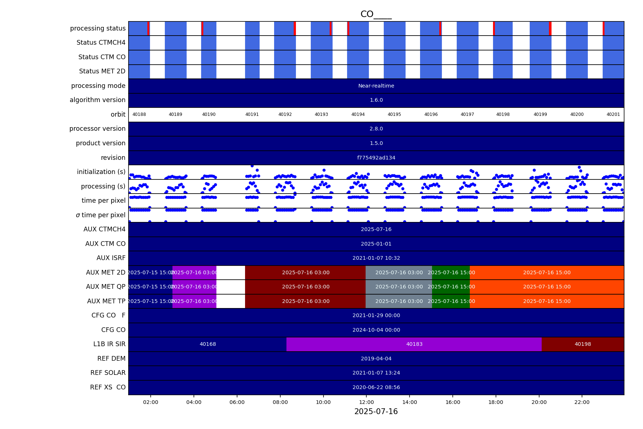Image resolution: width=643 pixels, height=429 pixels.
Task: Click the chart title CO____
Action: tap(376, 15)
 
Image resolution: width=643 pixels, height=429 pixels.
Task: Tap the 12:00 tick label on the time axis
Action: tap(366, 402)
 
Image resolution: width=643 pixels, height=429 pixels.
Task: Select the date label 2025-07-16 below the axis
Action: tap(376, 412)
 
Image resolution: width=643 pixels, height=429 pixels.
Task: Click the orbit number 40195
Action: tap(394, 114)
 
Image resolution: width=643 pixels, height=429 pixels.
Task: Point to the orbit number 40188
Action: tap(139, 114)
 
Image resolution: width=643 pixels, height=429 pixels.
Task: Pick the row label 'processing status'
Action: tap(98, 28)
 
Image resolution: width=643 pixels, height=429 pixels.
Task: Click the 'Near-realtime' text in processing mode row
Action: tap(376, 86)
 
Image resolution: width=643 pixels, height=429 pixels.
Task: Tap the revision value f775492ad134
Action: tap(376, 158)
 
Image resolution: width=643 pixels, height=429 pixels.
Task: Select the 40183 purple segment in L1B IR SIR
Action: tap(414, 344)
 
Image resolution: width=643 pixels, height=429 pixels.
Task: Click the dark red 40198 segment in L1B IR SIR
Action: tap(582, 344)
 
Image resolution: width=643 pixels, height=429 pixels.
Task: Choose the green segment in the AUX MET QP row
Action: tap(451, 287)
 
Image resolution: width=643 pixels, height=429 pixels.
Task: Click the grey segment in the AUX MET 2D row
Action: tap(399, 272)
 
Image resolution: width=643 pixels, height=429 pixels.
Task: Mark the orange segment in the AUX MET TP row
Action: tap(547, 301)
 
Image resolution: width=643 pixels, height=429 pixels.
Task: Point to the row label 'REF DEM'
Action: tap(111, 359)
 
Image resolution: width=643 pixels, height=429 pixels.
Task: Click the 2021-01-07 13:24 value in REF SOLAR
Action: tap(376, 373)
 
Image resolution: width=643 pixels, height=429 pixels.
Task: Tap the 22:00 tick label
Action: tap(582, 402)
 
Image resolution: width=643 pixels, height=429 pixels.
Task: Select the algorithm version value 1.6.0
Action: tap(376, 100)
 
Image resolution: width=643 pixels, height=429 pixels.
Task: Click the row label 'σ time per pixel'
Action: tap(101, 215)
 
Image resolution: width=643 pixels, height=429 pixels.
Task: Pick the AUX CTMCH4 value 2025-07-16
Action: tap(376, 230)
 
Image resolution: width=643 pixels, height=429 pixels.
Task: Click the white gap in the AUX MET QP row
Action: tap(231, 287)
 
